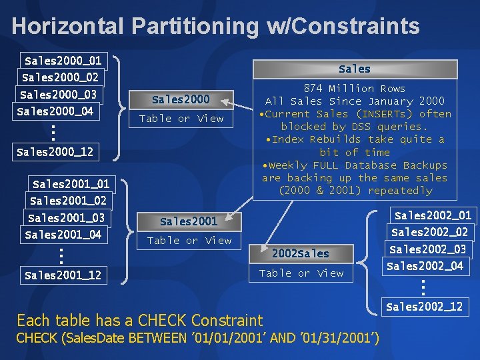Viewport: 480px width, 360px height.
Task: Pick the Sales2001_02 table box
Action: [x=68, y=200]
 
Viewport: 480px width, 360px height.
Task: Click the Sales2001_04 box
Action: [x=63, y=234]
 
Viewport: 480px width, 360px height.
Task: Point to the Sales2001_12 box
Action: [x=63, y=275]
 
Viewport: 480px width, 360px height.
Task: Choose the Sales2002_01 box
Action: [x=433, y=215]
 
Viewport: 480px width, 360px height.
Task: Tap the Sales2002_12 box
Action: [x=424, y=307]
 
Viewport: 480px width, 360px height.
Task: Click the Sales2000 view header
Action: [x=181, y=100]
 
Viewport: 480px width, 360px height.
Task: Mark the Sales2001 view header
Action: [x=189, y=221]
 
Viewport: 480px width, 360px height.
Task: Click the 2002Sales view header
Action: [x=301, y=253]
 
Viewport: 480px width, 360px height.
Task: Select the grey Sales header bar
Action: [x=354, y=69]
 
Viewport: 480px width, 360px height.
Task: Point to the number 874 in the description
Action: [x=313, y=88]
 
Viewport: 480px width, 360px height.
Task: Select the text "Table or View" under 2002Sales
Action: [x=301, y=273]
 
